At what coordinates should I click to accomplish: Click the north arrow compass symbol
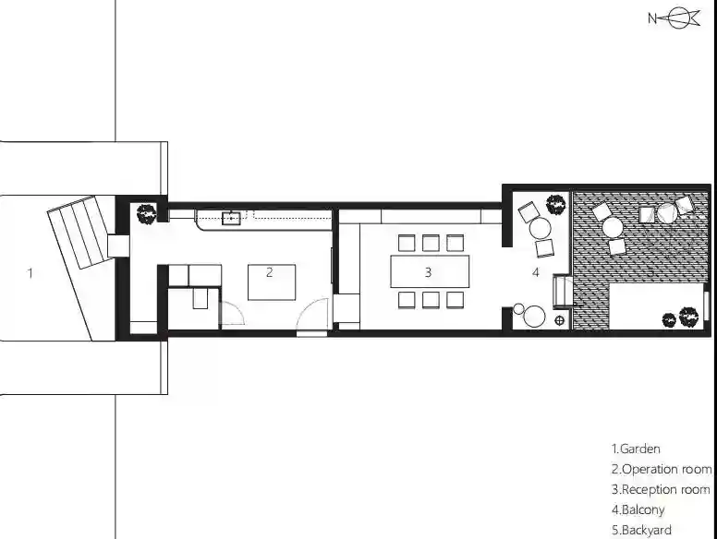[x=674, y=18]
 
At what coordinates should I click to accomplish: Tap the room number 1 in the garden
[x=30, y=273]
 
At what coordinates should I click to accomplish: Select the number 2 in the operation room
[x=269, y=272]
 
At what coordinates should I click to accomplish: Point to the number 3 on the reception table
[x=428, y=272]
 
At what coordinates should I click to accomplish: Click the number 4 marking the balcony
[x=536, y=272]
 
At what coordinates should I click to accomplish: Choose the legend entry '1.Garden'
[x=636, y=449]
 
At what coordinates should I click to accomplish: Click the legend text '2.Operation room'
[x=662, y=469]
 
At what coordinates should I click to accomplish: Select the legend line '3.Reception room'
[x=661, y=490]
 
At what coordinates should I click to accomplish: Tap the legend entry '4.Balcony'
[x=638, y=509]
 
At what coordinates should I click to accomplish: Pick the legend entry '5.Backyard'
[x=641, y=531]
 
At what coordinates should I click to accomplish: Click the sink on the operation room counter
[x=231, y=219]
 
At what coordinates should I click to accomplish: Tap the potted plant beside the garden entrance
[x=146, y=214]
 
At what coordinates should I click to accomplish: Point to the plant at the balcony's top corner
[x=555, y=204]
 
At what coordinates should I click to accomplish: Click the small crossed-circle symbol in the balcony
[x=559, y=320]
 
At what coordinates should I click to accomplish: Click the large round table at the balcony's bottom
[x=534, y=317]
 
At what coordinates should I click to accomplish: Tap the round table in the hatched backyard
[x=612, y=228]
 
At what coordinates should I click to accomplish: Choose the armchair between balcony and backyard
[x=562, y=291]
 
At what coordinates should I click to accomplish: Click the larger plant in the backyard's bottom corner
[x=688, y=317]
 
